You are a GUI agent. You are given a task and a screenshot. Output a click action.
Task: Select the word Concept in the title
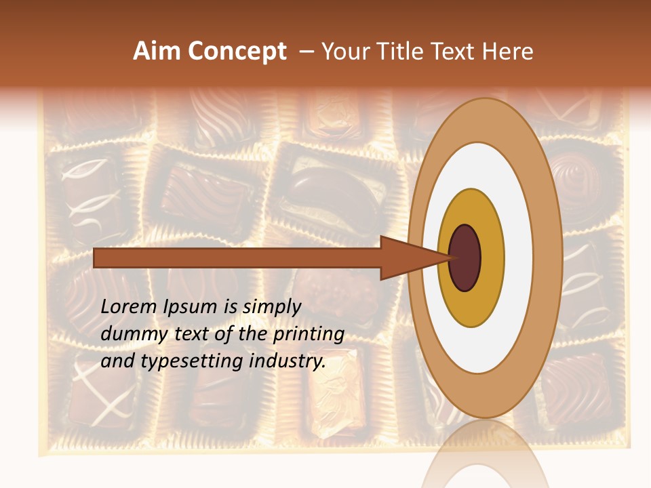coord(237,52)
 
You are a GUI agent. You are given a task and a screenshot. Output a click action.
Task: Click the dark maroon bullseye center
coord(465,258)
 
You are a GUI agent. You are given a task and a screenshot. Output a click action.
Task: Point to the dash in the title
coord(306,52)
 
